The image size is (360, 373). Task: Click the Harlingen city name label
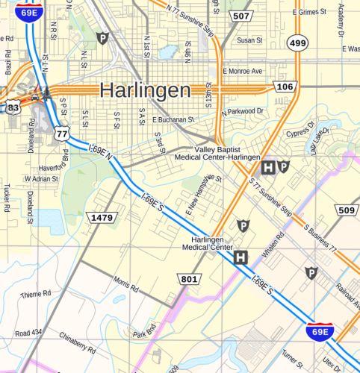tap(145, 90)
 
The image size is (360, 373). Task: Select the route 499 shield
tap(298, 43)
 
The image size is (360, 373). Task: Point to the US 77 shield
tap(62, 134)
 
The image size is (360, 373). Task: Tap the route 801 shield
tap(189, 279)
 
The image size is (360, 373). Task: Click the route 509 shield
tap(347, 210)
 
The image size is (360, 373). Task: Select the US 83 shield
tap(13, 108)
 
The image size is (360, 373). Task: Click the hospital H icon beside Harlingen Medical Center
tap(240, 258)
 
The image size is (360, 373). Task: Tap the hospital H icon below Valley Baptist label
tap(267, 167)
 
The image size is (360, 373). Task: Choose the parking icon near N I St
tap(102, 38)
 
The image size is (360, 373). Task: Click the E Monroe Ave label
tap(243, 71)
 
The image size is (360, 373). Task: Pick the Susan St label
tap(249, 40)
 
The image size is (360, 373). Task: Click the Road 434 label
tap(28, 332)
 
